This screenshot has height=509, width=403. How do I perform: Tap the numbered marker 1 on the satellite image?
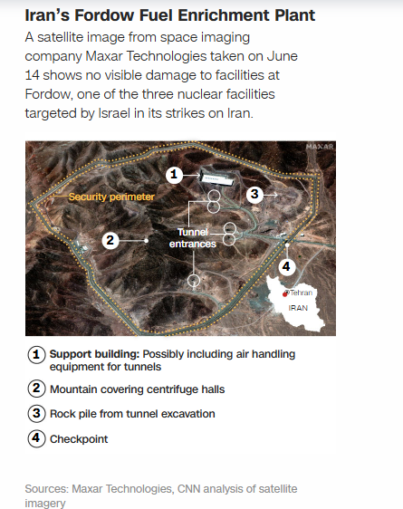coord(177,174)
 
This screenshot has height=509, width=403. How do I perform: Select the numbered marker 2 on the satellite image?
coord(110,240)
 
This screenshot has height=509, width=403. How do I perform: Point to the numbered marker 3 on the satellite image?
coord(255,194)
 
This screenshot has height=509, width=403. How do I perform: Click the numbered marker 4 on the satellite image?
coord(287,266)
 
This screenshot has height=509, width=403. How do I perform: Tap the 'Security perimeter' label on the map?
coord(111,197)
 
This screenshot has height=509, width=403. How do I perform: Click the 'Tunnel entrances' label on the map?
coord(194,238)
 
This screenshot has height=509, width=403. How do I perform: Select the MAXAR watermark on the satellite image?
coord(319,147)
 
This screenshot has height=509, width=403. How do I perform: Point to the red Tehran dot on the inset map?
coord(286,293)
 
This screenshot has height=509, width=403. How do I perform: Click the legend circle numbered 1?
coord(37,354)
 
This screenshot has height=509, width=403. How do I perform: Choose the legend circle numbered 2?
coord(37,389)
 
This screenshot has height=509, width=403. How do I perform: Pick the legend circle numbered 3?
coord(37,413)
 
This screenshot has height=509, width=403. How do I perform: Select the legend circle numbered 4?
coord(37,438)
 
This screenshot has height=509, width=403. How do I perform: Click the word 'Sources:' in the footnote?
coord(49,489)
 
